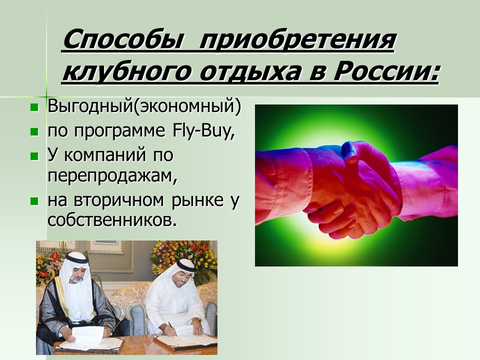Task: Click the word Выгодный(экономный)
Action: [144, 106]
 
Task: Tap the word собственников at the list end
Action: [112, 220]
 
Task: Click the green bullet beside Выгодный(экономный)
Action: [34, 107]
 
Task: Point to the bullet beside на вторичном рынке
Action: [34, 201]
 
